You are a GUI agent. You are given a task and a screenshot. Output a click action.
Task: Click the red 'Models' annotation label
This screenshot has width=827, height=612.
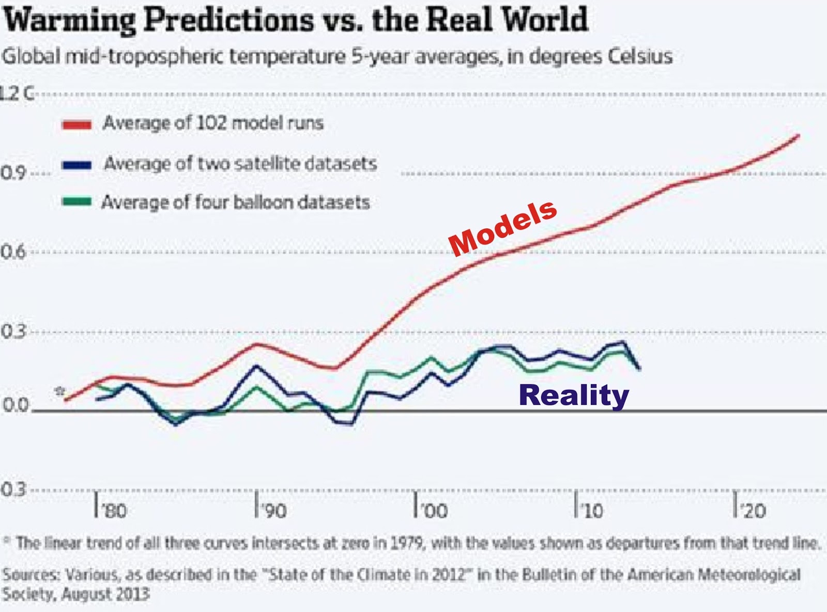pos(503,228)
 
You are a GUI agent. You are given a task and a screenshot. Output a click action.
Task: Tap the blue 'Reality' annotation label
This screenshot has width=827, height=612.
pos(574,396)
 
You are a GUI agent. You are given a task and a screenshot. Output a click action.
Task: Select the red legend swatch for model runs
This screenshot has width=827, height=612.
pos(76,124)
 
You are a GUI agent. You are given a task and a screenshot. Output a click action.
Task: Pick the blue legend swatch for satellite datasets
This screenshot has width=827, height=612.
pos(76,165)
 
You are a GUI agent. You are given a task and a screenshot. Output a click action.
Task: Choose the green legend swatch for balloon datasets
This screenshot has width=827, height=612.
pos(76,202)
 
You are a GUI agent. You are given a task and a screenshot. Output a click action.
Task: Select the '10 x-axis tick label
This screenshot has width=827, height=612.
pos(592,511)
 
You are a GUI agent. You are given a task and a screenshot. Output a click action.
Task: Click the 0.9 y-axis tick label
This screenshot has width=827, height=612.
pos(13,173)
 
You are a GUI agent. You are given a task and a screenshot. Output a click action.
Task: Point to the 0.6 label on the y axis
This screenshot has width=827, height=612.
pos(13,252)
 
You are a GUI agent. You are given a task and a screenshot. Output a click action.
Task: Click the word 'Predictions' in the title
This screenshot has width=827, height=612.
pos(228,21)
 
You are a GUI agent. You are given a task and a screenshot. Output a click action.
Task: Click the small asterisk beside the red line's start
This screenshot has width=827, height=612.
pos(60,391)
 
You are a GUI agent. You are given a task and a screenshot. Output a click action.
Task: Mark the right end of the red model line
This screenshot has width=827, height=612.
pos(799,135)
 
